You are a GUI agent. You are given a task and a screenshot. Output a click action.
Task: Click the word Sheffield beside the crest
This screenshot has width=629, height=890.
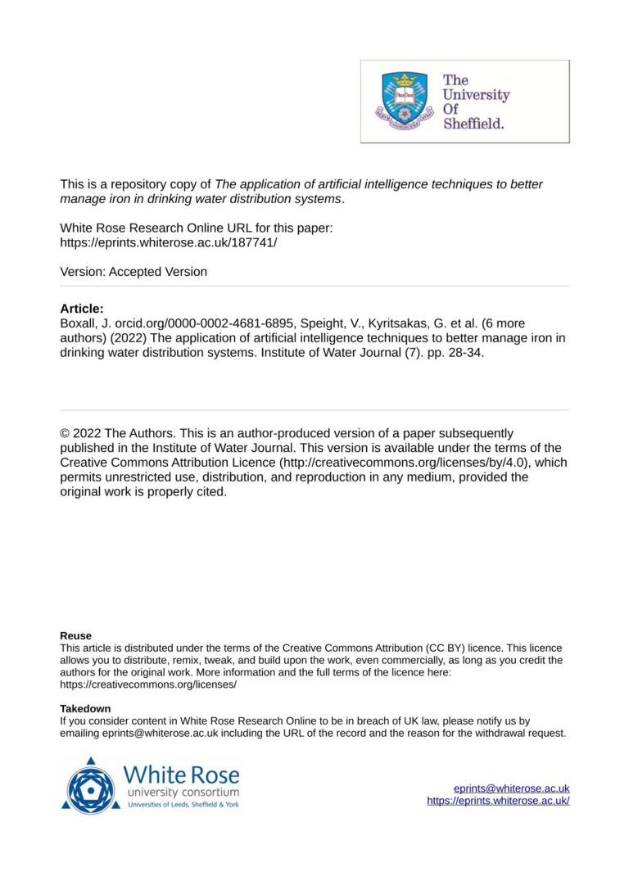pyautogui.click(x=474, y=124)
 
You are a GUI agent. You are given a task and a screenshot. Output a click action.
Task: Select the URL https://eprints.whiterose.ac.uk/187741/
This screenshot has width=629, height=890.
pyautogui.click(x=169, y=242)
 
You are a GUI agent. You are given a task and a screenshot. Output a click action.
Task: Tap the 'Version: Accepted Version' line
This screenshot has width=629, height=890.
pyautogui.click(x=133, y=272)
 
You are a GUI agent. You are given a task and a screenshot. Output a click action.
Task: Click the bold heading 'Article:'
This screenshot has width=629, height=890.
pyautogui.click(x=82, y=309)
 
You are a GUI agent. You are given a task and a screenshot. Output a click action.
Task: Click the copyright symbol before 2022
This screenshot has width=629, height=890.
pyautogui.click(x=66, y=433)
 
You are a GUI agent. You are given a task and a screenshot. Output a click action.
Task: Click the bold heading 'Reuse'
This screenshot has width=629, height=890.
pyautogui.click(x=76, y=635)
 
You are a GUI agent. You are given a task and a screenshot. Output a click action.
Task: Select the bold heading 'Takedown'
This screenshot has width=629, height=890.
pyautogui.click(x=85, y=708)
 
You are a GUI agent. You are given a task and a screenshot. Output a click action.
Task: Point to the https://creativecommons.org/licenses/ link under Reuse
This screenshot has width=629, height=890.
pyautogui.click(x=148, y=684)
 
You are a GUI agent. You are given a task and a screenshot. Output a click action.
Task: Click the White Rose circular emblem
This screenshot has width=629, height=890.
pyautogui.click(x=90, y=785)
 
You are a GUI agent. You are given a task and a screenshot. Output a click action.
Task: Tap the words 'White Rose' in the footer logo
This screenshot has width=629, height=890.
pyautogui.click(x=181, y=774)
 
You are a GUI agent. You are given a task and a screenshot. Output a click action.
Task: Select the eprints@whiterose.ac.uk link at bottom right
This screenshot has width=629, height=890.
pyautogui.click(x=512, y=788)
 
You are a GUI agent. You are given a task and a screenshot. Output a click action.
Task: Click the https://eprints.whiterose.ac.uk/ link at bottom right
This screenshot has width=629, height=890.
pyautogui.click(x=498, y=801)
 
